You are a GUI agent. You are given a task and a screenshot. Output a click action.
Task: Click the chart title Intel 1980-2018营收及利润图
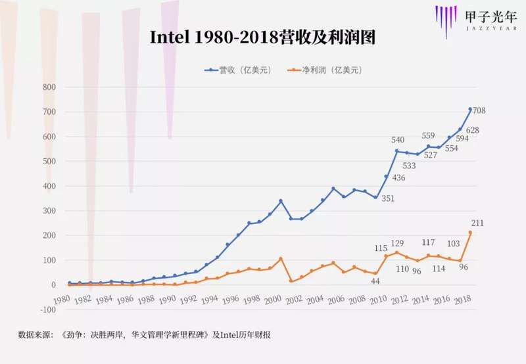(262, 37)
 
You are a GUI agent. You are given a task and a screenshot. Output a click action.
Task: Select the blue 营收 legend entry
(234, 69)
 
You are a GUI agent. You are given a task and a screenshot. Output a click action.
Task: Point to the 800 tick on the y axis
(49, 87)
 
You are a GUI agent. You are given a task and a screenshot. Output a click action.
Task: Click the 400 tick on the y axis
(49, 186)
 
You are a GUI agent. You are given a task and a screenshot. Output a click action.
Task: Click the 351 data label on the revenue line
(387, 198)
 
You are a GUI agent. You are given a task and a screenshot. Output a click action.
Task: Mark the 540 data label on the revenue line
(397, 140)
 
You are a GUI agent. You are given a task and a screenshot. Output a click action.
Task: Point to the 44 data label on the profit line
(376, 281)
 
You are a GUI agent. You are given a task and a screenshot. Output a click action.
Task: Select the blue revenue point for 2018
(470, 109)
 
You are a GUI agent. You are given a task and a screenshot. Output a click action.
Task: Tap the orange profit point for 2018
(470, 233)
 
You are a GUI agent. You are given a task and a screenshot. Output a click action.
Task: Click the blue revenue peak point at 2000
(281, 200)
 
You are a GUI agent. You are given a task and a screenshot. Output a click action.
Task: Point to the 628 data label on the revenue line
(472, 130)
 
